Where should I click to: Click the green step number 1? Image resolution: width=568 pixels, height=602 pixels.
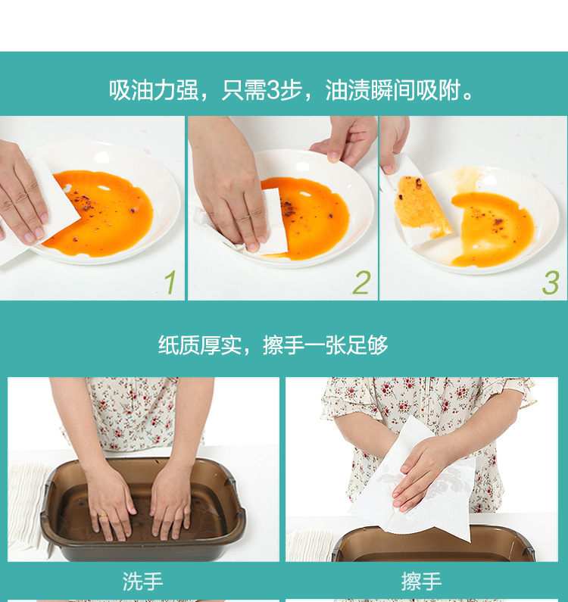coord(170,282)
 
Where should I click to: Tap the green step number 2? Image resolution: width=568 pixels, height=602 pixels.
coord(362,282)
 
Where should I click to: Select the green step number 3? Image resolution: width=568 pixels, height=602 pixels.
coord(551,282)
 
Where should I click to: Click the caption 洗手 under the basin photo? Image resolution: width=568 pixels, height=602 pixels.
coord(142,582)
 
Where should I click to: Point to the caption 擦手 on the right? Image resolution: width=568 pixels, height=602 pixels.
coord(421,582)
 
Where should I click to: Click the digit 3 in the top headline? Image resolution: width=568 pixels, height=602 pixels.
coord(273,91)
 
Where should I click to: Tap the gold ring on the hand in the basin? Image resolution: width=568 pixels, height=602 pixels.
coord(103,516)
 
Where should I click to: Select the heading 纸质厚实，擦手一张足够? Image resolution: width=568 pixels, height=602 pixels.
coord(273,345)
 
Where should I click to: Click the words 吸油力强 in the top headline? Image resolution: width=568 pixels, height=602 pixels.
coord(153,91)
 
